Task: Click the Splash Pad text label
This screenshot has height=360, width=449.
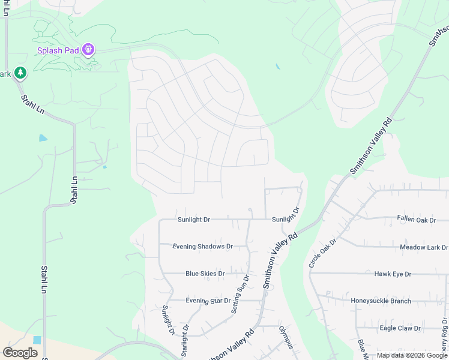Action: point(58,50)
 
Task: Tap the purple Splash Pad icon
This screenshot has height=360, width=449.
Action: point(89,49)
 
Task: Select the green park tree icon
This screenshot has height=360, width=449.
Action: point(21,73)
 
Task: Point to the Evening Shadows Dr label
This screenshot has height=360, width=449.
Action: point(202,247)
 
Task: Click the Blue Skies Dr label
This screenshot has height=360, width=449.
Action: point(205,274)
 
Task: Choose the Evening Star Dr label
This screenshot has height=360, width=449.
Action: point(208,301)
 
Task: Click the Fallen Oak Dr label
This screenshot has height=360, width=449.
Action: point(416,220)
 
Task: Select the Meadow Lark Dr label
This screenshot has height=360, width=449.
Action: point(424,247)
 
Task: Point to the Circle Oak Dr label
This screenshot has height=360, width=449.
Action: point(323,253)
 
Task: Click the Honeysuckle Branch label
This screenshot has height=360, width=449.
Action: point(381,301)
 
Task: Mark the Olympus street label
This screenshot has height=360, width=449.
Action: point(286,338)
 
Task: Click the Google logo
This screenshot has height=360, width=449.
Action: point(20,352)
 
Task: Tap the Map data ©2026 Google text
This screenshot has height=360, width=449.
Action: point(412,355)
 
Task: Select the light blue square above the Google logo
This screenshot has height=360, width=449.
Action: point(37,340)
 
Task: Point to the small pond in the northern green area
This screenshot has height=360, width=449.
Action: point(277,67)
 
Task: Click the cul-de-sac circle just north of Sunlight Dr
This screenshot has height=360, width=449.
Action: point(250,210)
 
